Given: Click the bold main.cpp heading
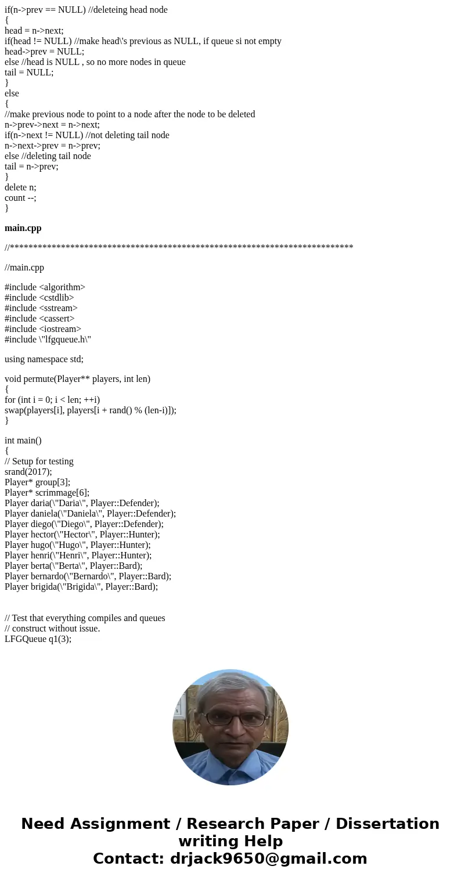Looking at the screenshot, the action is click(x=23, y=228).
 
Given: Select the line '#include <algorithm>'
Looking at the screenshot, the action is click(x=45, y=287).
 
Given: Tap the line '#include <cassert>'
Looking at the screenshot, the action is click(x=39, y=319).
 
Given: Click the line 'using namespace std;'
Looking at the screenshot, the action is click(x=44, y=359).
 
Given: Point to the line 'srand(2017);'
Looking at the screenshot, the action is click(x=28, y=472).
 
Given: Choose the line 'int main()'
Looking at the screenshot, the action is click(x=23, y=441).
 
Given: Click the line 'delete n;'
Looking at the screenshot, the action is click(x=20, y=187).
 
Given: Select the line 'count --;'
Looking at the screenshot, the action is click(x=20, y=198).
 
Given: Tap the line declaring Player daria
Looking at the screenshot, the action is click(x=82, y=503).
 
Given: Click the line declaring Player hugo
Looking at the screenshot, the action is click(x=77, y=545).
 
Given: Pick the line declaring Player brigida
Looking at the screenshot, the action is click(x=81, y=587).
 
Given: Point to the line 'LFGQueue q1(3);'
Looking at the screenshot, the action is click(x=38, y=639).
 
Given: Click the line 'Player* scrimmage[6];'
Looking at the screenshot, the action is click(x=47, y=493).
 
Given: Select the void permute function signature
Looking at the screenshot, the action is click(x=77, y=379).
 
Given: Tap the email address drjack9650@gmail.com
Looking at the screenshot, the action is click(x=268, y=859).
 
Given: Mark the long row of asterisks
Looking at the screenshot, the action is click(x=179, y=248).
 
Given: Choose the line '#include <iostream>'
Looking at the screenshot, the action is click(x=43, y=329).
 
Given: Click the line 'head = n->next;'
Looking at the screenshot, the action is click(x=34, y=31).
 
